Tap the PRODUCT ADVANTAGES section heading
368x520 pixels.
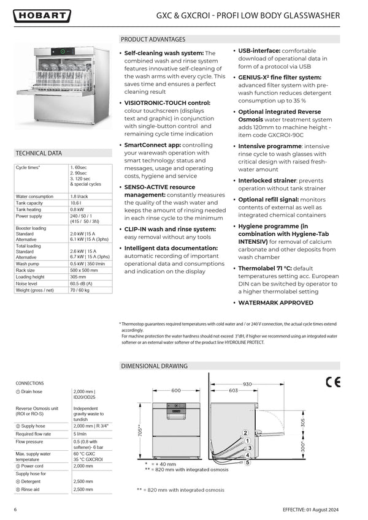point(153,39)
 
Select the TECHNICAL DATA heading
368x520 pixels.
point(38,153)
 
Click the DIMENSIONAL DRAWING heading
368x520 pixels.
point(154,366)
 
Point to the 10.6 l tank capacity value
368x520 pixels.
point(76,203)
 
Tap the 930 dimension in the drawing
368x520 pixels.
point(247,383)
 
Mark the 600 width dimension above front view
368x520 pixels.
point(176,390)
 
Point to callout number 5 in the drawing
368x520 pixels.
point(248,462)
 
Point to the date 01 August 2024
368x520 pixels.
point(324,510)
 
